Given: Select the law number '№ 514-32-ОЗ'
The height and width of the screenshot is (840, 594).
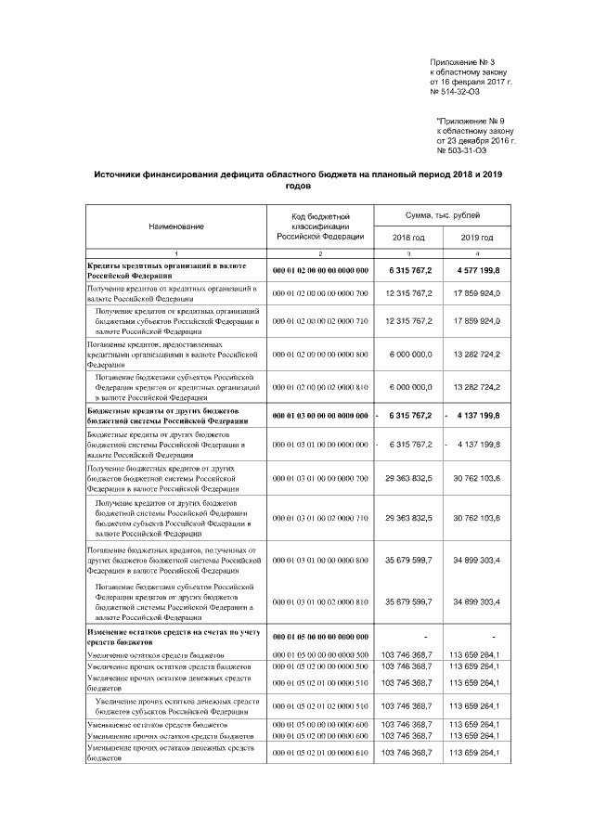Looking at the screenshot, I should (458, 92).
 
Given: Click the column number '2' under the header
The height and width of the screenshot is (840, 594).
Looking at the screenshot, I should (320, 253).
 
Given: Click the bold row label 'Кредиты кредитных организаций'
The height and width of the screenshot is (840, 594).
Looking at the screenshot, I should (159, 265).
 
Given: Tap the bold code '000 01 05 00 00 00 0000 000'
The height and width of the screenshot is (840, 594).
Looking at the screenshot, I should (320, 637).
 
